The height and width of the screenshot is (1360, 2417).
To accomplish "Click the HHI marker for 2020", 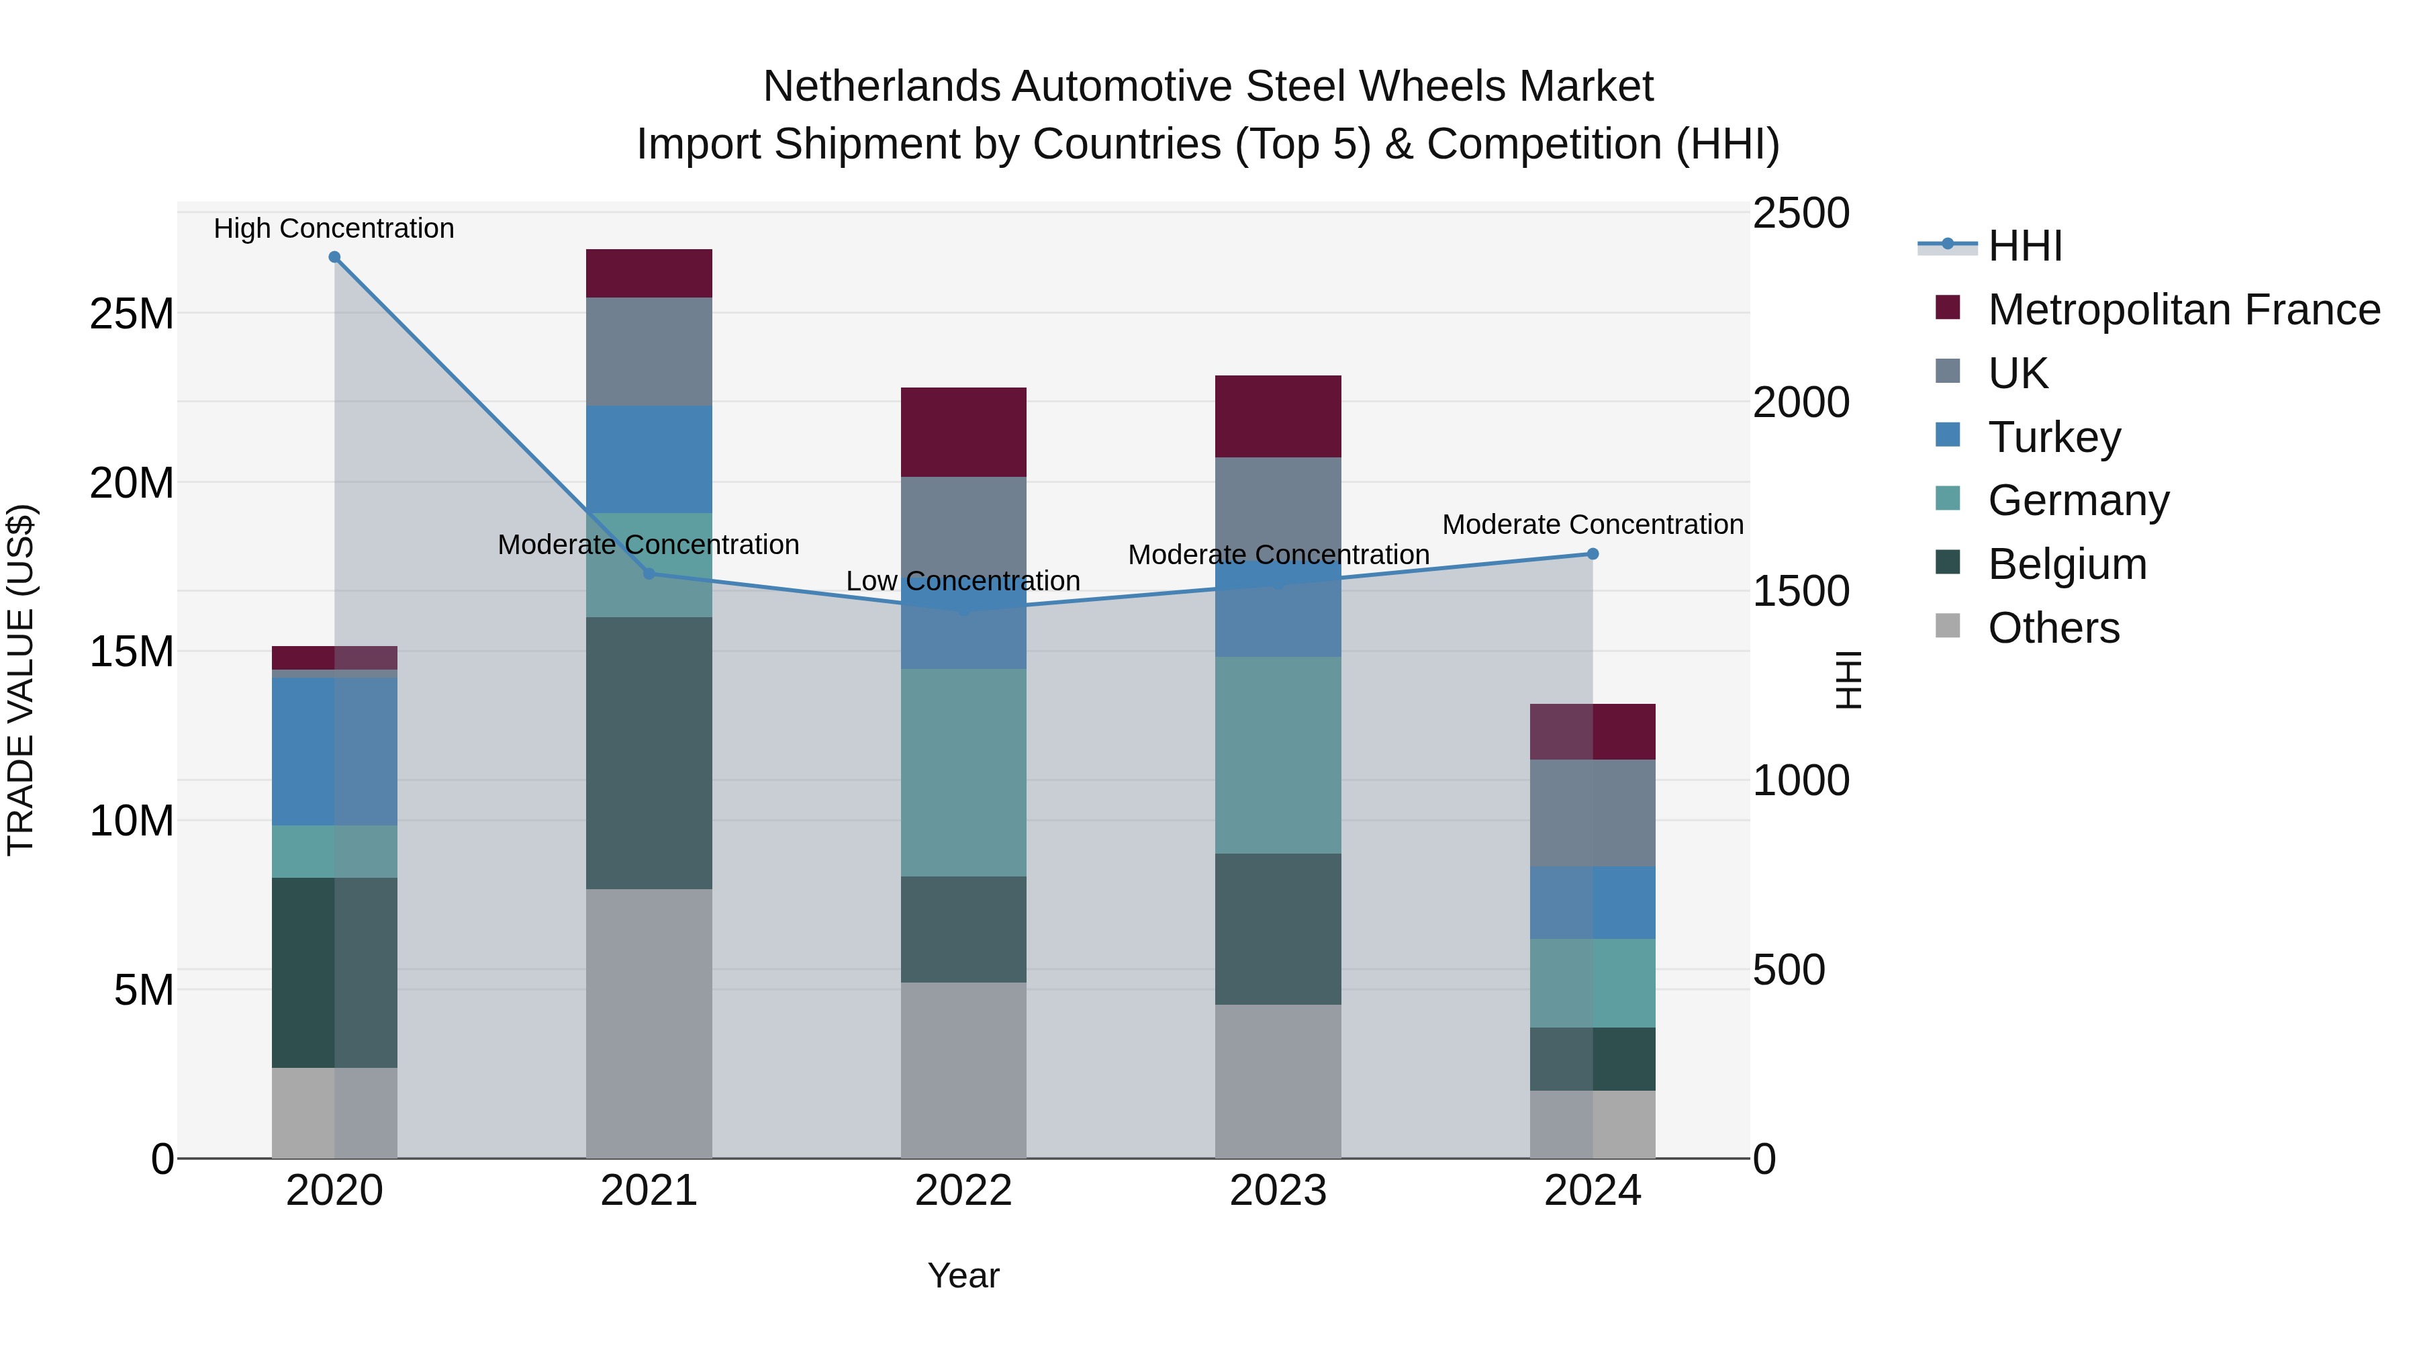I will (334, 257).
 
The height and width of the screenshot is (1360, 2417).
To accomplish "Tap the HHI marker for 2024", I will (1593, 554).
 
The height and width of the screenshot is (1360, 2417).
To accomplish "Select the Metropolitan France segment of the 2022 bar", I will (963, 432).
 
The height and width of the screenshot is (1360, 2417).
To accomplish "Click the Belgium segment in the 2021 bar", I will (649, 753).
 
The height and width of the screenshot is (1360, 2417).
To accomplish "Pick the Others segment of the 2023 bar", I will (1278, 1081).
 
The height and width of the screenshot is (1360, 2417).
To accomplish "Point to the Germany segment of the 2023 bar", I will (1278, 755).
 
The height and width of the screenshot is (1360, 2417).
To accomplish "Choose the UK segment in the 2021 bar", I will (649, 351).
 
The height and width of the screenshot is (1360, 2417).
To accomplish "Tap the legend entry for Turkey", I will (2053, 437).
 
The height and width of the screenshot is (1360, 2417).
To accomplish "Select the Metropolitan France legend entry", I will (2183, 309).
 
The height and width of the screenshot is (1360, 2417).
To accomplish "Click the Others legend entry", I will (2053, 627).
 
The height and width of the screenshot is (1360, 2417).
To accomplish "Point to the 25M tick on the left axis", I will (132, 314).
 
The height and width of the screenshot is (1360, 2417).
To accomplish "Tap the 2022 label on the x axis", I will (963, 1191).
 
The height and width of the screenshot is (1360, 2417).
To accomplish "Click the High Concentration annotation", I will (334, 228).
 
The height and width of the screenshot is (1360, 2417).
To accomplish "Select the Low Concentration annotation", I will (963, 581).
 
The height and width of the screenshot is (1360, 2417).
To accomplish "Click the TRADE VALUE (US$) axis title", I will (21, 680).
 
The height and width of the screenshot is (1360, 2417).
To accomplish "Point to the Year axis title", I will (963, 1275).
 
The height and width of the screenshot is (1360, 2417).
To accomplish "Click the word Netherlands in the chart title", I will (884, 87).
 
